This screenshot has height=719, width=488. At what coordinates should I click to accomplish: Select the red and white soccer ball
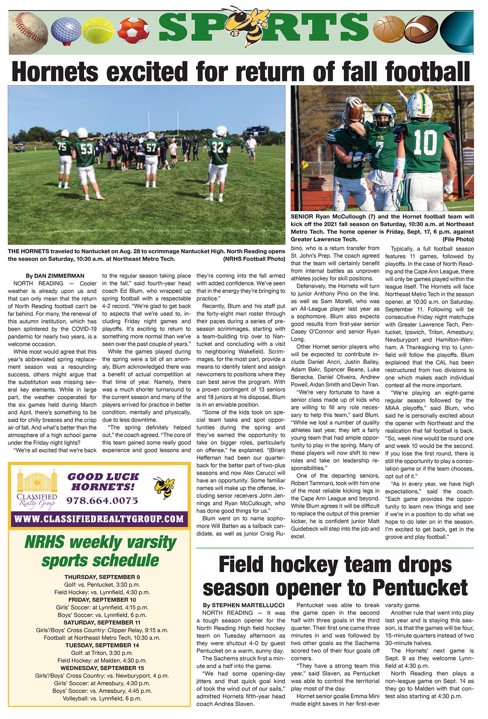coord(133,30)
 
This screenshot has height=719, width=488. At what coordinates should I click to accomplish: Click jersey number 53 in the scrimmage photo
coord(86,149)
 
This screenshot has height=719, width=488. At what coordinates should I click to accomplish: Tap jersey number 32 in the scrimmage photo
coord(218,148)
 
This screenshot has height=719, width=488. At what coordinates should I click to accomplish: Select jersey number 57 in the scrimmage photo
coord(151,148)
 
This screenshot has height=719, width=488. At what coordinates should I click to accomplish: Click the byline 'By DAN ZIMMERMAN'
coord(55,276)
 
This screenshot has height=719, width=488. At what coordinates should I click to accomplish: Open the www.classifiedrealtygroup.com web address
coord(99,518)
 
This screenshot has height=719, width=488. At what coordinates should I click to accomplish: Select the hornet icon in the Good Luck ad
coord(164,487)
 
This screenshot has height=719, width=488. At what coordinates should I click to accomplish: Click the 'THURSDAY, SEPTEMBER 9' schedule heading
coord(102,577)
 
